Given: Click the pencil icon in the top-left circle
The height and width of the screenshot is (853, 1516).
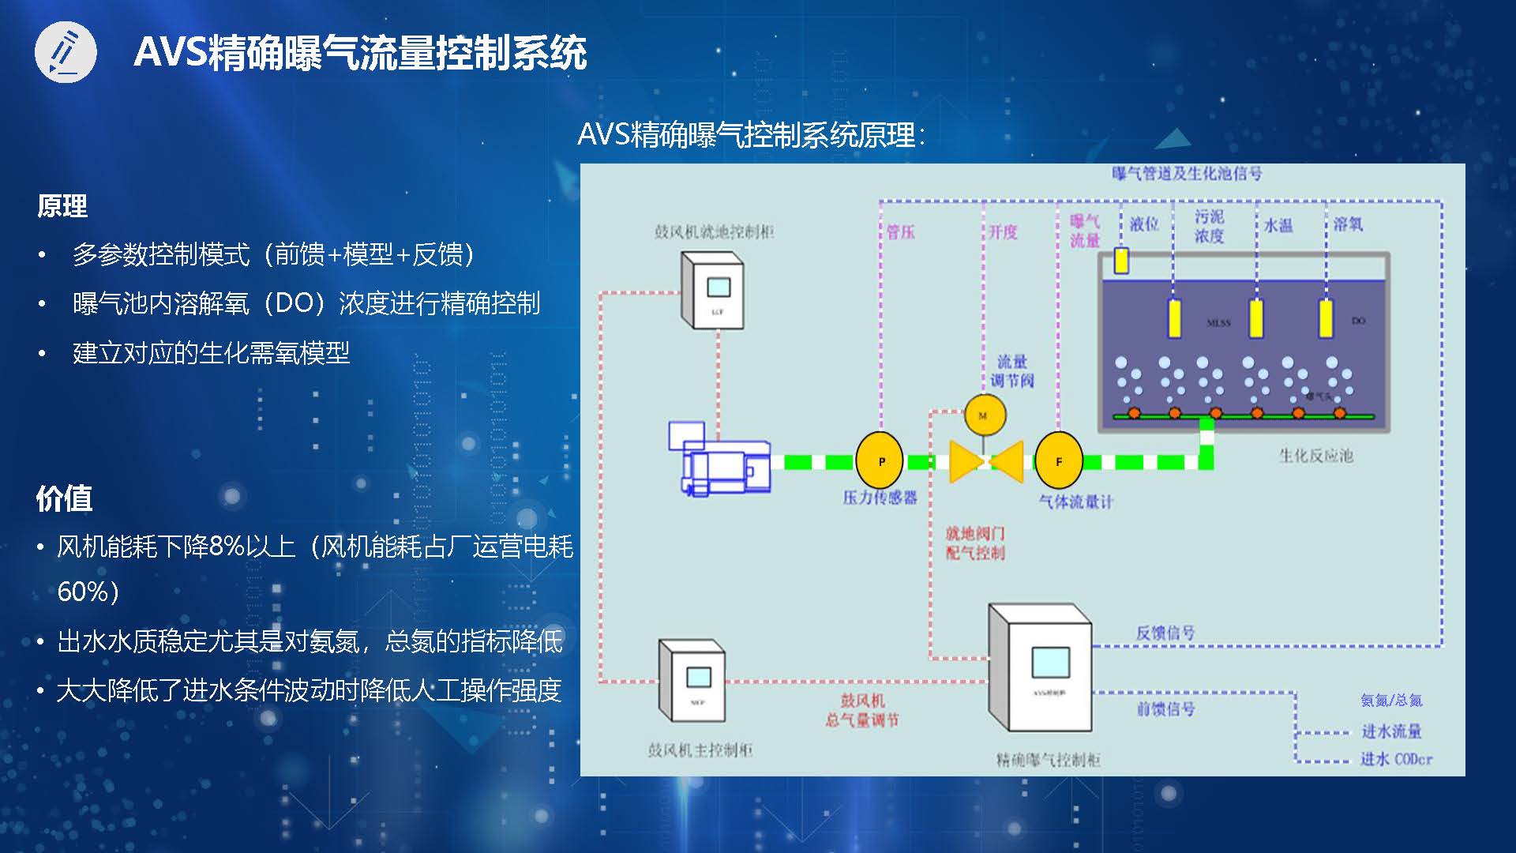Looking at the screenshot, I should (x=66, y=53).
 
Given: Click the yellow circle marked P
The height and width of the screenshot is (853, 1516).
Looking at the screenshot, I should (x=881, y=461).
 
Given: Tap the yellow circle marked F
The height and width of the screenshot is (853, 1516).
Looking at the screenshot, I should (x=1058, y=461).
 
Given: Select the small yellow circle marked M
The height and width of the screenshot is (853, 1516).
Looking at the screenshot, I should (x=984, y=415).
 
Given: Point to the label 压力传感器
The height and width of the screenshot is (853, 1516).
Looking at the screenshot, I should (x=880, y=497).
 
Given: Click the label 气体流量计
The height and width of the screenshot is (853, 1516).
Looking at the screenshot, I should (x=1075, y=502).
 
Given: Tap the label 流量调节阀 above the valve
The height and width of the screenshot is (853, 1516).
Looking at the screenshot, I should (x=1011, y=371).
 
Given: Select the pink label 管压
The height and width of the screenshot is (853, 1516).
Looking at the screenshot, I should (x=900, y=231).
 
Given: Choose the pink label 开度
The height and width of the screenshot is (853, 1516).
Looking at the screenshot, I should (x=1003, y=231).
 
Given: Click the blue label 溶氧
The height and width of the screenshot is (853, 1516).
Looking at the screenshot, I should (x=1348, y=224).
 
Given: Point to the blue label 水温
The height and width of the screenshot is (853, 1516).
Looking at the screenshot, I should (x=1278, y=226).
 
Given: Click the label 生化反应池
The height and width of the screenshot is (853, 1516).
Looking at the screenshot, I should (x=1315, y=456).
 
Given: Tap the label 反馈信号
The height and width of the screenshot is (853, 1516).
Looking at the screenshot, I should (x=1165, y=633).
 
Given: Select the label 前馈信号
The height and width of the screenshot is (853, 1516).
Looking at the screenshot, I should (x=1165, y=708).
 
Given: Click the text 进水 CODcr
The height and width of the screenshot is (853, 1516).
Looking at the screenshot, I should (x=1396, y=759).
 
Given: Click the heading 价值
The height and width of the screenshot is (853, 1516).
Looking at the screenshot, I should (x=64, y=498).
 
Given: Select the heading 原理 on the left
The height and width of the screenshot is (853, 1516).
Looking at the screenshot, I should (x=62, y=206).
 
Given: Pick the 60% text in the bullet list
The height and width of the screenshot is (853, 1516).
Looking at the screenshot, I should (x=88, y=591).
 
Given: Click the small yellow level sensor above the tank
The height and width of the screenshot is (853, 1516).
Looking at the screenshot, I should (x=1121, y=261).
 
